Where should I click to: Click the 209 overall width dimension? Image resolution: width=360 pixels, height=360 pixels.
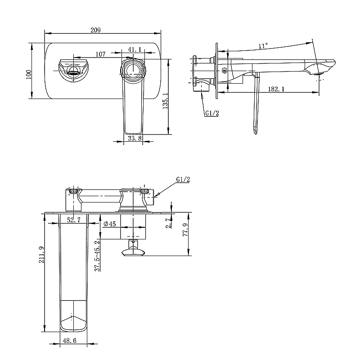[x=95, y=30]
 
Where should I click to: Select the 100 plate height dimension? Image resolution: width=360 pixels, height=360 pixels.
[x=29, y=74]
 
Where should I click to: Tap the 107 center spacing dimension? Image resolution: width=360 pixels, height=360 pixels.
[x=100, y=54]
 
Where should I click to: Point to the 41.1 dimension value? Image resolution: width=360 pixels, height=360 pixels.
[x=135, y=49]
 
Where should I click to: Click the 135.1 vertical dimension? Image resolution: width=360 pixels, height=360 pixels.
[x=165, y=101]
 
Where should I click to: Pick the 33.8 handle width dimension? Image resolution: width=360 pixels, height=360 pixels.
[x=135, y=138]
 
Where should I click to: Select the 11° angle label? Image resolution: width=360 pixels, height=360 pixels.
[x=263, y=46]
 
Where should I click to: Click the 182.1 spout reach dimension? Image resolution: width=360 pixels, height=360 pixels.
[x=276, y=89]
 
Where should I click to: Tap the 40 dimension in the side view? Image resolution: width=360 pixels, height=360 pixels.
[x=225, y=71]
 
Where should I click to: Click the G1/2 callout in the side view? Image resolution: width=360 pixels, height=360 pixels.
[x=212, y=113]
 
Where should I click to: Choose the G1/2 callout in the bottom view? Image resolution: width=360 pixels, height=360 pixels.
[x=183, y=179]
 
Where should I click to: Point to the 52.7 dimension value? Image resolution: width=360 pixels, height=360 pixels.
[x=74, y=220]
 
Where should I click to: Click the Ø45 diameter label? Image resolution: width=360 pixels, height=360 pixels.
[x=110, y=224]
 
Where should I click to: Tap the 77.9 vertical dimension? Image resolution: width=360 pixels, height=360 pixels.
[x=185, y=229]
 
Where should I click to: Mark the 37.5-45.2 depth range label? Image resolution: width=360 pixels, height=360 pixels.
[x=98, y=256]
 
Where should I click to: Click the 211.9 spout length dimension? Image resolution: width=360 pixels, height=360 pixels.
[x=41, y=254]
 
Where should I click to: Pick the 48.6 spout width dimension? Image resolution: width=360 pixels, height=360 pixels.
[x=70, y=341]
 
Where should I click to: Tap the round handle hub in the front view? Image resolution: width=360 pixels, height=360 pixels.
[x=133, y=69]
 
